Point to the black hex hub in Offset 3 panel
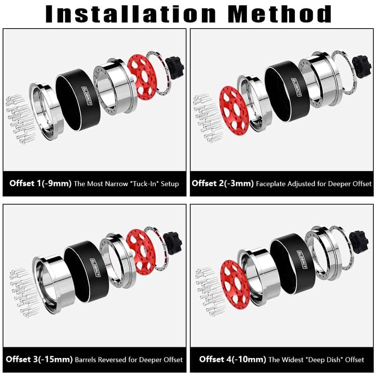(x=173, y=243)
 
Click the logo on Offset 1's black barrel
(x=86, y=96)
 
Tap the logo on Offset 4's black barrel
(x=302, y=260)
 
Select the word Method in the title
(x=280, y=14)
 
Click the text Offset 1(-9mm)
(x=41, y=183)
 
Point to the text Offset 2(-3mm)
(x=223, y=183)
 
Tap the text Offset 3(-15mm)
(x=39, y=359)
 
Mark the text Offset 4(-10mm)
(x=233, y=359)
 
